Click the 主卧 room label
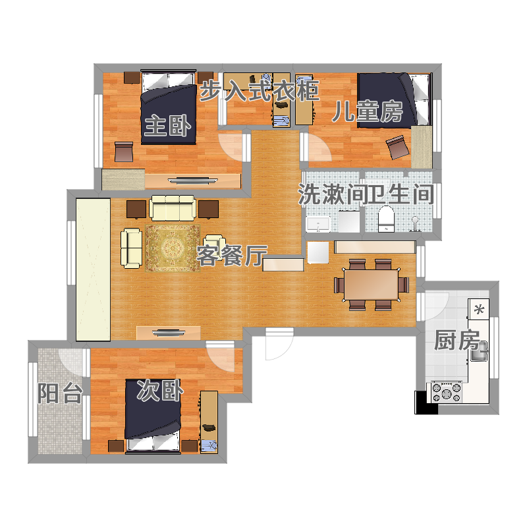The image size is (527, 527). tap(168, 125)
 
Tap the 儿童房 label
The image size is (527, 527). tap(368, 111)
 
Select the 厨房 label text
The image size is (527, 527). tap(457, 340)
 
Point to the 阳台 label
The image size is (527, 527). tap(60, 393)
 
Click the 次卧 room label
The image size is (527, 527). tap(160, 390)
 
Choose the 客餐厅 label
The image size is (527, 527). tap(232, 255)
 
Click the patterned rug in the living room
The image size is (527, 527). tap(173, 248)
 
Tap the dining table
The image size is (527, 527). tap(371, 285)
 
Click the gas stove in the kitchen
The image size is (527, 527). tap(447, 392)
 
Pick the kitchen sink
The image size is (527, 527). tap(479, 351)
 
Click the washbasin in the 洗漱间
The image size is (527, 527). tap(318, 224)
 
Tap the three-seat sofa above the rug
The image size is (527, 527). tap(173, 208)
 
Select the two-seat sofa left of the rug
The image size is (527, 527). tap(131, 248)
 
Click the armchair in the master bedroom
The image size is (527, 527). tap(124, 152)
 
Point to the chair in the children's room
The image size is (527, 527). tap(399, 146)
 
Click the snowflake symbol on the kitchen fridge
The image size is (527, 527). tap(479, 309)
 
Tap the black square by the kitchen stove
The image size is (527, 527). tap(426, 402)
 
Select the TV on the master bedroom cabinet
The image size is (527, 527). tap(192, 180)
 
